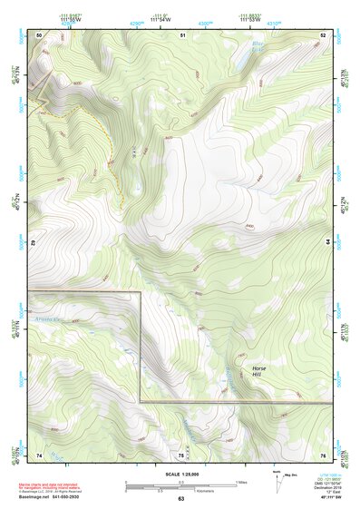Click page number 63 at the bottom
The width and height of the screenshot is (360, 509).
pos(180,499)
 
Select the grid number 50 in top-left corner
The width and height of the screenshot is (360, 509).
pos(39,35)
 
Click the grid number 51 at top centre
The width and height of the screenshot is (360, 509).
pos(182,35)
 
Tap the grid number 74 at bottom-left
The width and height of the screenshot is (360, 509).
pos(39,455)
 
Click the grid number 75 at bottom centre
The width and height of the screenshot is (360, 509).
pos(180,455)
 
